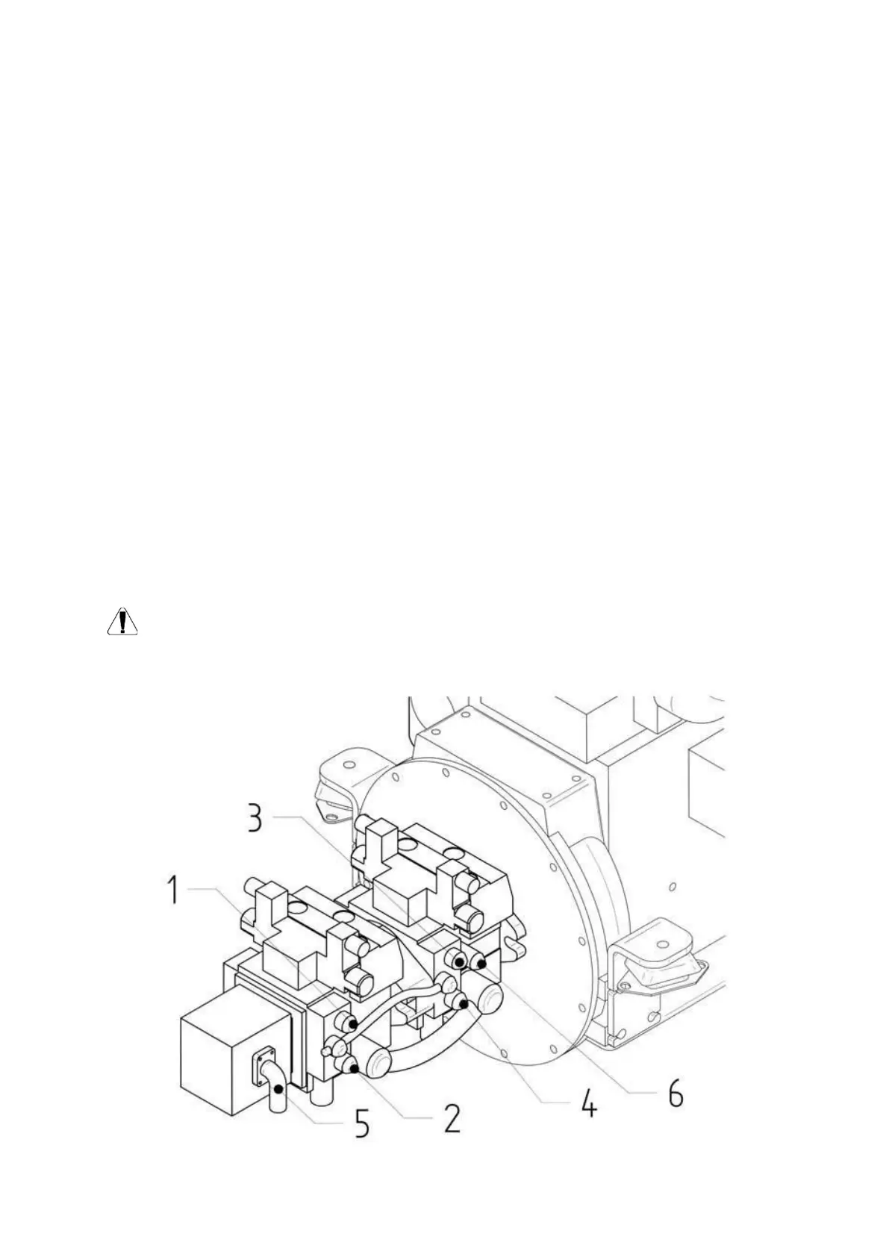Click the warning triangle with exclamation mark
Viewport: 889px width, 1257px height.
(122, 622)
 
